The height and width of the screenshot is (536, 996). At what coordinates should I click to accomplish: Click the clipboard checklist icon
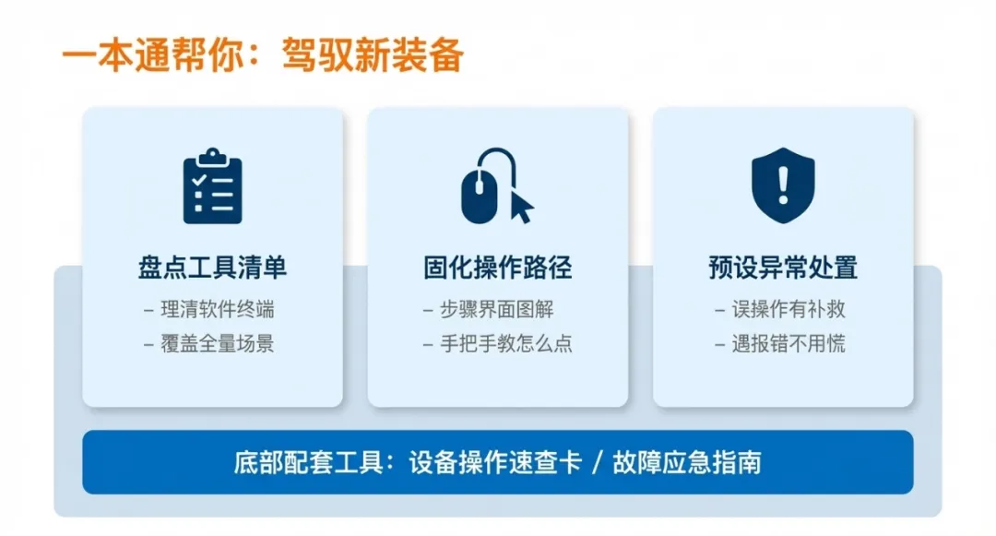212,187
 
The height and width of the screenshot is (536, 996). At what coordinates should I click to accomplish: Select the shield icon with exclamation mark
783,185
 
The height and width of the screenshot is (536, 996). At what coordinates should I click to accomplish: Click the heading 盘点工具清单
212,268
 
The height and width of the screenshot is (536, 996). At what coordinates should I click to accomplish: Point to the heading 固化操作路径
498,268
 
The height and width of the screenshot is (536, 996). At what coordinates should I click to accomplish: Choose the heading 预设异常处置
783,268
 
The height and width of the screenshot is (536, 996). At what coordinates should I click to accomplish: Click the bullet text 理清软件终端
218,310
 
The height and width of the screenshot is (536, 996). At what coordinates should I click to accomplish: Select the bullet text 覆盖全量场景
218,344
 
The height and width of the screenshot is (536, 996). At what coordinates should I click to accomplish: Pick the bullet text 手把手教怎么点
505,344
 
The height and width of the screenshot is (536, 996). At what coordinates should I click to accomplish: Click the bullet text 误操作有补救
788,310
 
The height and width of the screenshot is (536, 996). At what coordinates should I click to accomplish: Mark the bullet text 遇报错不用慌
788,344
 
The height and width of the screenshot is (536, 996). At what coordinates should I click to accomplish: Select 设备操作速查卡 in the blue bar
495,462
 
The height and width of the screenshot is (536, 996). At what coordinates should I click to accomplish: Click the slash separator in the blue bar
597,462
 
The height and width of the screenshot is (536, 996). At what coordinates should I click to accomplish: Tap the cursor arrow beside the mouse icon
521,205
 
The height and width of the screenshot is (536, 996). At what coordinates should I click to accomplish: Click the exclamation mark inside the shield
783,185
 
